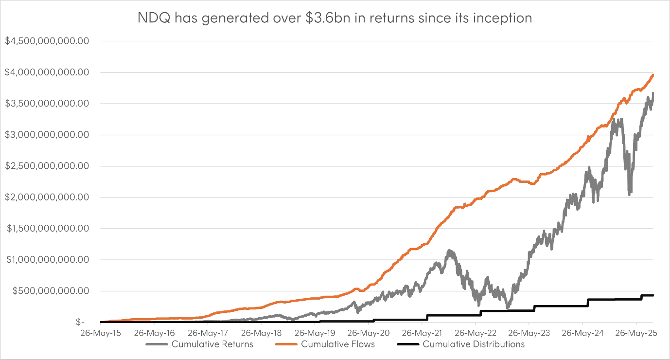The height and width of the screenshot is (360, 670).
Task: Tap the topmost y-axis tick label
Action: coord(47,41)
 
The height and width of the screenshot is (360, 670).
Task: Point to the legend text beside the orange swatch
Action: coord(336,346)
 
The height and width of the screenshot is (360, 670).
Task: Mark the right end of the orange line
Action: coord(655,74)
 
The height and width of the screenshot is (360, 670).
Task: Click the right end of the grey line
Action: coord(655,92)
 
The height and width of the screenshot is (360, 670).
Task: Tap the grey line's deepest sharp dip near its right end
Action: coord(631,194)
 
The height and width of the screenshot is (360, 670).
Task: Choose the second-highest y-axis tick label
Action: coord(47,72)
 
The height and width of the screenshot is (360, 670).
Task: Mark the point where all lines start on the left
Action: coord(99,321)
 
